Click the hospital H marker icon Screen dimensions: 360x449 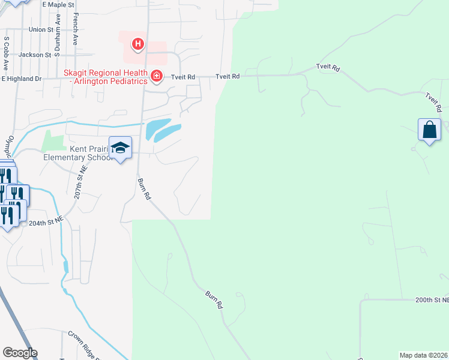pyautogui.click(x=138, y=44)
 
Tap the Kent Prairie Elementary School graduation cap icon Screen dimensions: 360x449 pyautogui.click(x=120, y=148)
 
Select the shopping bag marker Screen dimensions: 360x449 pyautogui.click(x=429, y=130)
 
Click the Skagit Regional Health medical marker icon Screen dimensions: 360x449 pyautogui.click(x=157, y=76)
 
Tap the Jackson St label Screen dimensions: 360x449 pyautogui.click(x=34, y=55)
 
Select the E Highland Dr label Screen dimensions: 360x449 pyautogui.click(x=22, y=79)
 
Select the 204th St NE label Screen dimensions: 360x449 pyautogui.click(x=46, y=222)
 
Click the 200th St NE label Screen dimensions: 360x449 pyautogui.click(x=432, y=299)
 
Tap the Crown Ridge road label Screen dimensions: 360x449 pyautogui.click(x=84, y=344)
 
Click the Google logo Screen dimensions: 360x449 pyautogui.click(x=20, y=353)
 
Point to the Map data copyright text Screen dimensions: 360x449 pyautogui.click(x=423, y=355)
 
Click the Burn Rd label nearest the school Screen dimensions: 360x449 pyautogui.click(x=143, y=189)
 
